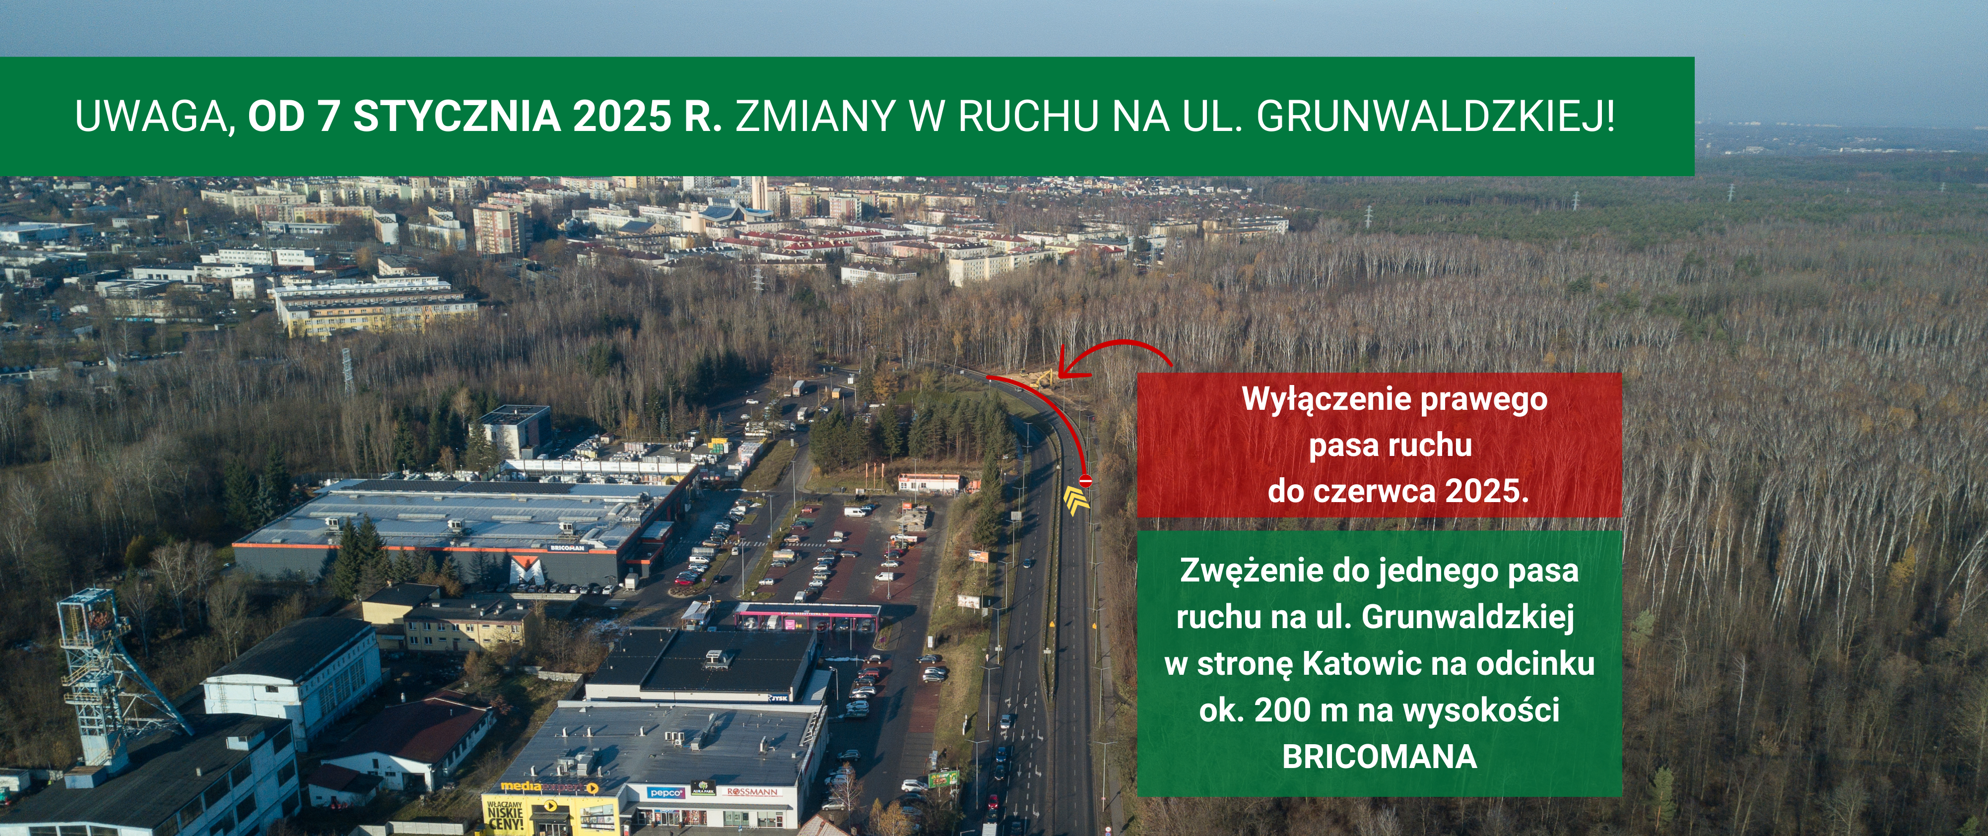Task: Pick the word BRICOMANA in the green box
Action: pyautogui.click(x=1380, y=757)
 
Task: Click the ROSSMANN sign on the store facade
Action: pyautogui.click(x=752, y=791)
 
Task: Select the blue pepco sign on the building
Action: pyautogui.click(x=665, y=792)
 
